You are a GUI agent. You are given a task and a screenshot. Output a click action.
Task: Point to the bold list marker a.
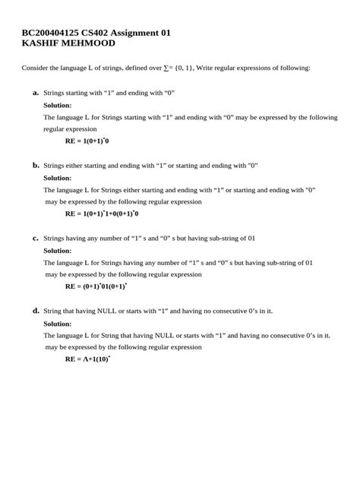click(36, 92)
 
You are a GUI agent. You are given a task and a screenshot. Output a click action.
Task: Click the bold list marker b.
click(36, 165)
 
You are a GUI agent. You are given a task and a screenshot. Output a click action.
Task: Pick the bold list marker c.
click(36, 238)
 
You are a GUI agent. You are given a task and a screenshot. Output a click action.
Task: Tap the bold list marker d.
click(36, 311)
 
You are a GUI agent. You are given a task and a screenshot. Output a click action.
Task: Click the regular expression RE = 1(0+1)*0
click(87, 141)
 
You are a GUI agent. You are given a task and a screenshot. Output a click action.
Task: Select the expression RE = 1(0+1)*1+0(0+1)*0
click(101, 213)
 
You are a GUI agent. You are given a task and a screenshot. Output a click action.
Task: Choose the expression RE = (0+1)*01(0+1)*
click(96, 286)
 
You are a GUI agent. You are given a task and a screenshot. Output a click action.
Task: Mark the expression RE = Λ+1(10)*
click(87, 358)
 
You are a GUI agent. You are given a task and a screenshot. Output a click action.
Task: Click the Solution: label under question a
click(58, 105)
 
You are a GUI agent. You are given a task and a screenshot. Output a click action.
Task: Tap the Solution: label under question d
click(58, 323)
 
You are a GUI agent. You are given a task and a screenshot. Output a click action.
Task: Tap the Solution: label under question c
click(58, 250)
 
